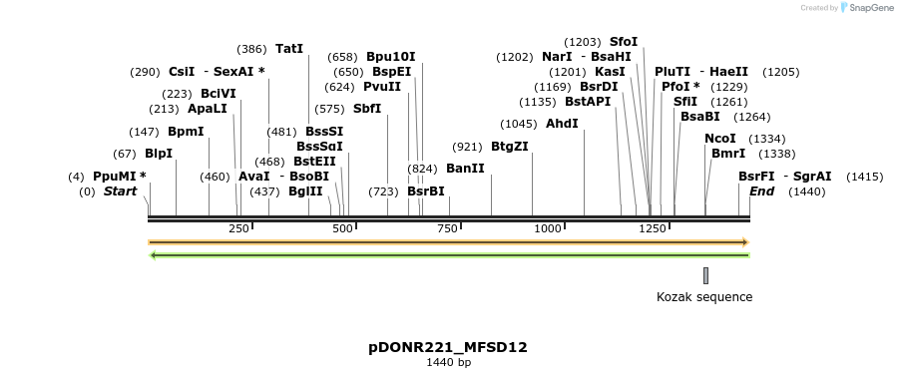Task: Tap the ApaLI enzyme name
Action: [x=207, y=109]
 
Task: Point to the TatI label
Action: [x=289, y=49]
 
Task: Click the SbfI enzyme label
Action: [x=367, y=109]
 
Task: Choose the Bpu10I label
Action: [x=391, y=57]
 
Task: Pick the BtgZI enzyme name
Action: [x=510, y=147]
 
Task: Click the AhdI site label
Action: [x=562, y=124]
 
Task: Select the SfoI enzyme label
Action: [x=624, y=42]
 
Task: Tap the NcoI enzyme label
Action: [x=719, y=139]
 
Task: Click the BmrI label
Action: [x=728, y=154]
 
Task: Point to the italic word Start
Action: [x=120, y=191]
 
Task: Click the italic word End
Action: [x=761, y=191]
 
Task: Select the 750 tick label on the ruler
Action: [x=446, y=229]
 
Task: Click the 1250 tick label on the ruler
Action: [x=653, y=229]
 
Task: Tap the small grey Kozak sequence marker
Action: [x=705, y=275]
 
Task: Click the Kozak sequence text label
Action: [x=704, y=297]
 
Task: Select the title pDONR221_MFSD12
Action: [x=448, y=347]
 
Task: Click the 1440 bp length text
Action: [x=448, y=362]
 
